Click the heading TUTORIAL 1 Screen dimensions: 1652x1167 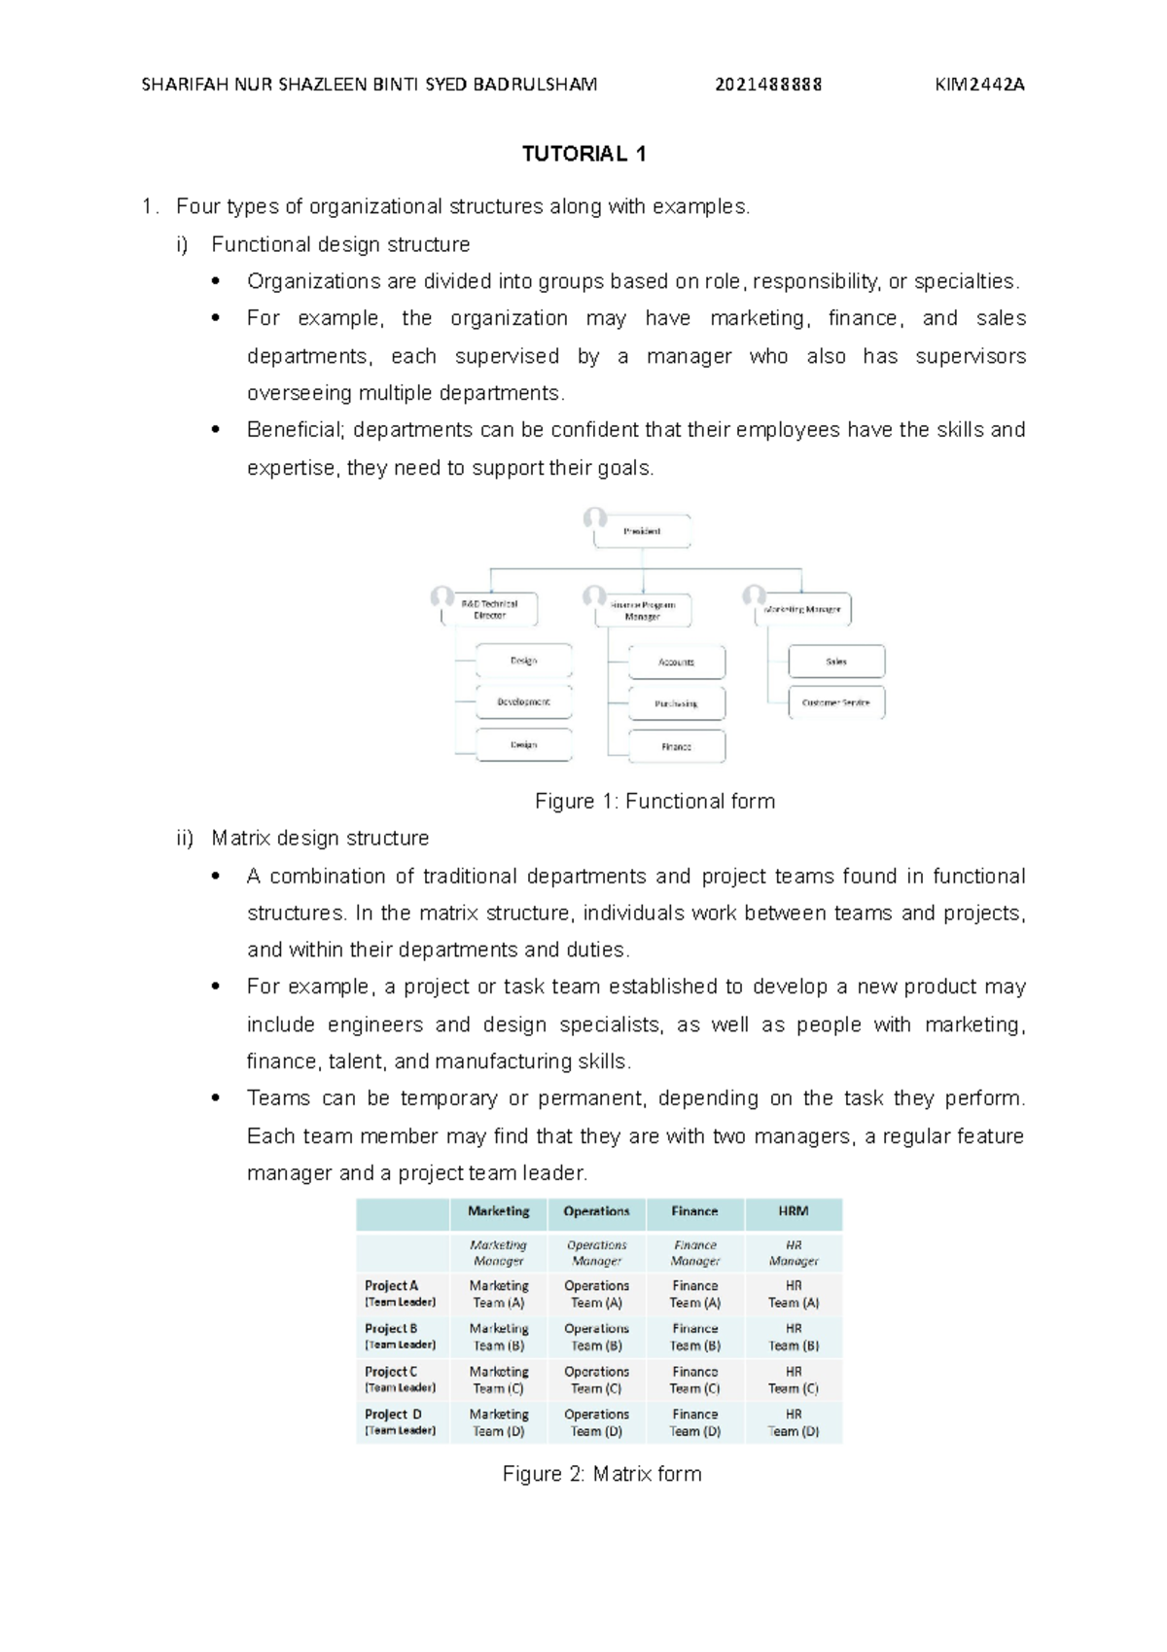583,154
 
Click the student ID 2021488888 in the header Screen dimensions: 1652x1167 768,85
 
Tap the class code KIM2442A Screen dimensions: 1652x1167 979,85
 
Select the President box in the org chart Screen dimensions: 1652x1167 642,531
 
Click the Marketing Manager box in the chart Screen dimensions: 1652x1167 802,609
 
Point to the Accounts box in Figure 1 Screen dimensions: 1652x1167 676,662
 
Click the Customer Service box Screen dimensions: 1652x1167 836,702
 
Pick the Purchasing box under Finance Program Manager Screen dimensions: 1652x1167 676,703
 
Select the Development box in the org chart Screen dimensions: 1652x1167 523,701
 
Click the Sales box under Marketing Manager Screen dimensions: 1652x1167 836,662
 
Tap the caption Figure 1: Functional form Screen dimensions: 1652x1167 654,802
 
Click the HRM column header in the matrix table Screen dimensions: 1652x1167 793,1211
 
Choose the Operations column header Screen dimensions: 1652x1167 596,1211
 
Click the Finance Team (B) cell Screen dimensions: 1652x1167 694,1337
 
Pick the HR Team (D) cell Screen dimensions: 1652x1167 793,1422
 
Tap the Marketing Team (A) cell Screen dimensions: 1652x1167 499,1294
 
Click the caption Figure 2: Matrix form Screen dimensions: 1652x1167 601,1474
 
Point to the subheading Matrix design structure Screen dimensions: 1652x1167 320,839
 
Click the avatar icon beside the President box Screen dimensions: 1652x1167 595,519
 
